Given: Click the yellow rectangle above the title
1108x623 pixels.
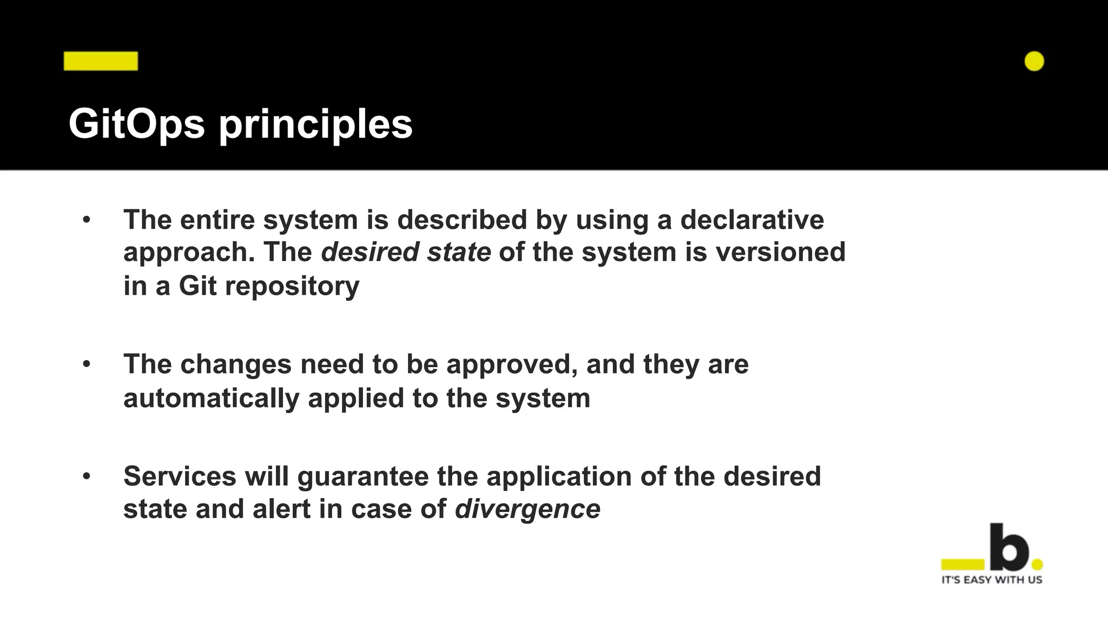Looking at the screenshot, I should pos(101,61).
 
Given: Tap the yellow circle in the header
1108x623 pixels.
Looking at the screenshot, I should pos(1034,61).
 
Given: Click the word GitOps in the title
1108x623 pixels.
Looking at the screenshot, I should pos(136,124).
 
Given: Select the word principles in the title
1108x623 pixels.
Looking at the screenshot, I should pos(315,125).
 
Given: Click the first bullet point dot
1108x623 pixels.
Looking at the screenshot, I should pos(87,220).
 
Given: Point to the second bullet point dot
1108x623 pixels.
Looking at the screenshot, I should pos(87,364).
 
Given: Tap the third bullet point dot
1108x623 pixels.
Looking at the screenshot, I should pos(87,476).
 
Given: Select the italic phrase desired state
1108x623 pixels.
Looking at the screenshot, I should pos(406,253).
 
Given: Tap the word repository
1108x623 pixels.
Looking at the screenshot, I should pos(292,287).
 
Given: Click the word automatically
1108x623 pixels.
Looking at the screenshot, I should pos(211,399).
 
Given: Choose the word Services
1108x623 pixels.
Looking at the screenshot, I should pos(180,476).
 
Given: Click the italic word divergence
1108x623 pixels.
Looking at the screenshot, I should pos(527,509).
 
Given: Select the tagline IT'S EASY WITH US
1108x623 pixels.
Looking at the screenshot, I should pos(992,580).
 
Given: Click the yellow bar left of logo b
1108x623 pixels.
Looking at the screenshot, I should pos(962,565).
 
